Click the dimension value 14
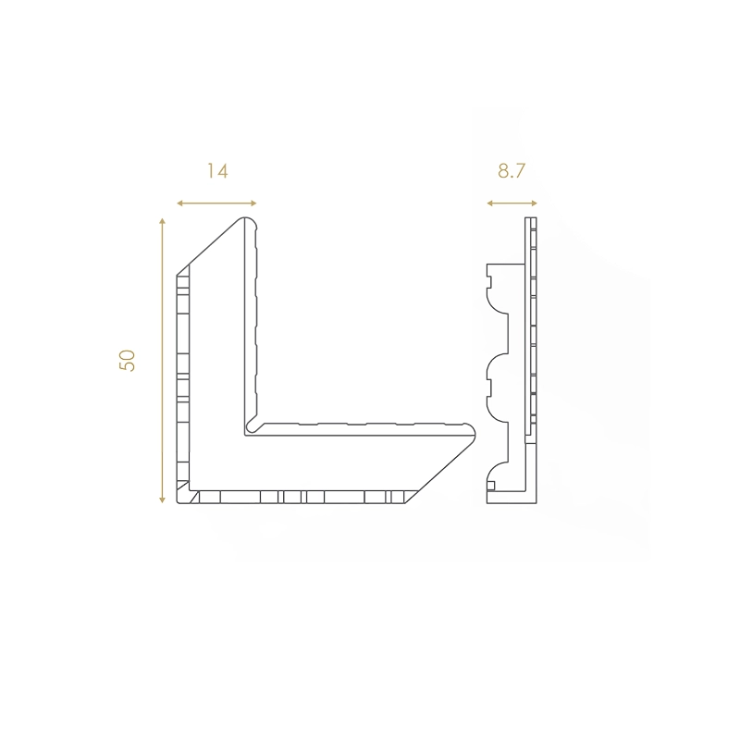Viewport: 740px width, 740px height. (x=217, y=171)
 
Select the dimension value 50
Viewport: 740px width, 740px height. (x=128, y=361)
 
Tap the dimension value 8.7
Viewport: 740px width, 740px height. (x=512, y=171)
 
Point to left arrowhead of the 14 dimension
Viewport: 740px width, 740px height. (x=179, y=203)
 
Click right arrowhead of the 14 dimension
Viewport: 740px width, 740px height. (x=253, y=203)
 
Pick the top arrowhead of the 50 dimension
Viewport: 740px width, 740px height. (x=163, y=221)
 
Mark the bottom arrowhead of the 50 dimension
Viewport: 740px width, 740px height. (x=163, y=499)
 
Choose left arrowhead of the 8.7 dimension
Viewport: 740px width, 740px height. (x=490, y=203)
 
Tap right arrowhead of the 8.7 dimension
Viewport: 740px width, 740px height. (x=535, y=203)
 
